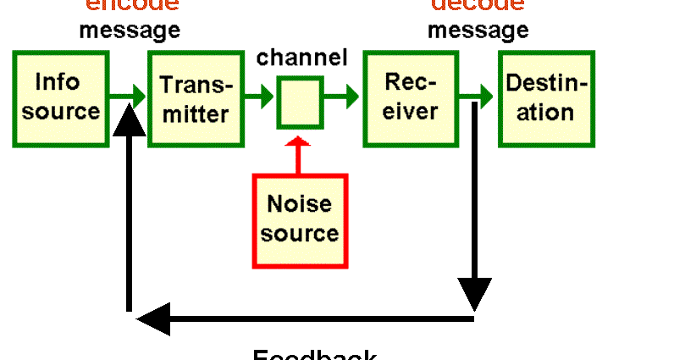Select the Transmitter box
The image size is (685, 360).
point(196,98)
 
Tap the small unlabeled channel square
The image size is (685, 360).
point(300,102)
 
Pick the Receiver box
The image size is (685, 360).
point(412,97)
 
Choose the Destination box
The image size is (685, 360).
point(546,98)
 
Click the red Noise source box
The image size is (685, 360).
point(300,219)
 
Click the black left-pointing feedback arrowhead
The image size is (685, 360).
point(152,320)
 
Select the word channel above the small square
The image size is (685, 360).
point(302,58)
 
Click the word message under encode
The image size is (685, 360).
point(130,30)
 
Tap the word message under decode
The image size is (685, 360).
point(478,30)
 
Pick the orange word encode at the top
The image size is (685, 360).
point(132,5)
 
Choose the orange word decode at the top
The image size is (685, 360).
point(479,5)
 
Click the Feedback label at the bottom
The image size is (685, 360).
point(314,353)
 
